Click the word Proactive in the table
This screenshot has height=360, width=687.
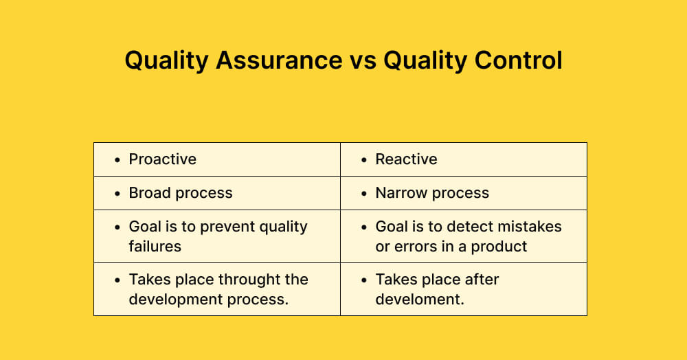pos(162,159)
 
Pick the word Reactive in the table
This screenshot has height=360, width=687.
pos(406,159)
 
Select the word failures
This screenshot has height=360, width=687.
pos(155,246)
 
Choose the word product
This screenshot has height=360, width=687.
pos(501,246)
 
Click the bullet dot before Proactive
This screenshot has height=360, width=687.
pos(117,160)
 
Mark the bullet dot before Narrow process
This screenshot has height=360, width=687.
pos(364,194)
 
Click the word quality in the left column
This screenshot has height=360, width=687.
pos(282,227)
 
